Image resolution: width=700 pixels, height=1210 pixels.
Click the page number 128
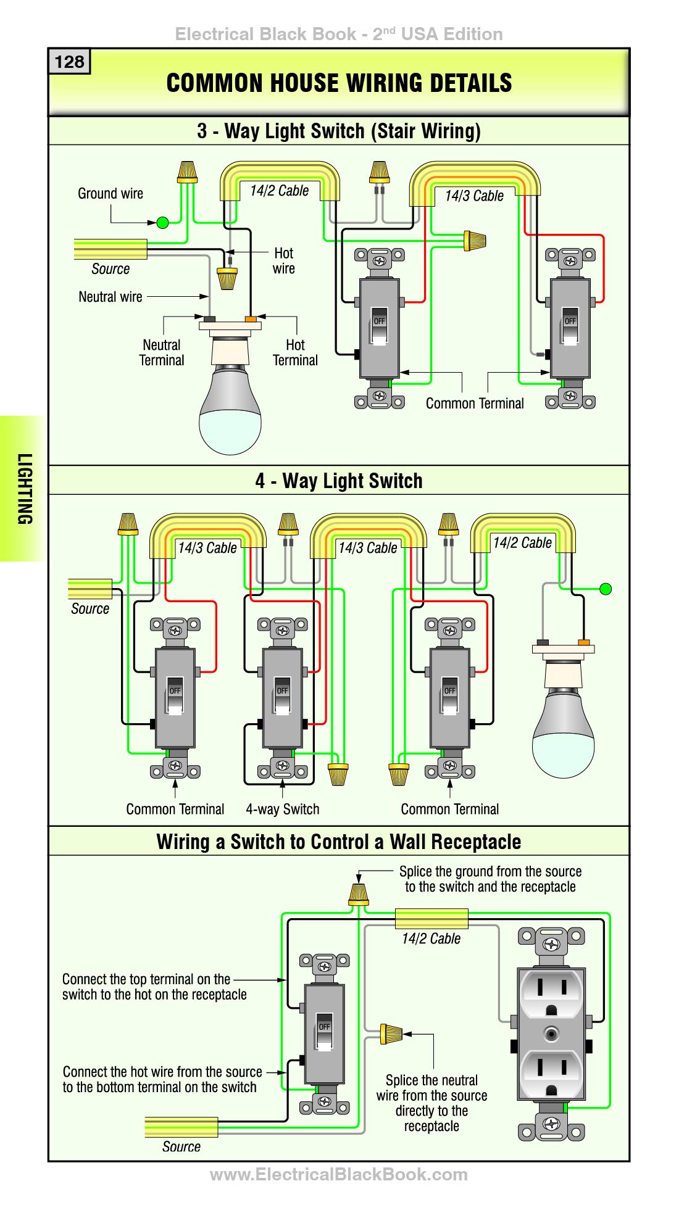pos(69,62)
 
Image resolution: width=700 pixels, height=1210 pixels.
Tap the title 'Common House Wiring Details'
pos(339,83)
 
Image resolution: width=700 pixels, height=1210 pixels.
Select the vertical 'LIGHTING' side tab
pos(24,489)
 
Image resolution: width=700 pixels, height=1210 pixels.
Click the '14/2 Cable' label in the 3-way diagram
pos(279,191)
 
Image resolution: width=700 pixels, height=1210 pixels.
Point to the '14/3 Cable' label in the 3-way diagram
pos(474,196)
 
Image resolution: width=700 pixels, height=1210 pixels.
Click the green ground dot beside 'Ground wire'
pos(162,223)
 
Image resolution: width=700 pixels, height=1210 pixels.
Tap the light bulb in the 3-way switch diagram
pos(230,387)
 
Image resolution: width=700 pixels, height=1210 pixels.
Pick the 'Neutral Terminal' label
pos(162,352)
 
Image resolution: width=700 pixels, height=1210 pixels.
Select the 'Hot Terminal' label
pos(295,352)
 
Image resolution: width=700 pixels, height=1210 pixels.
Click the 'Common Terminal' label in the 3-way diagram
pos(475,403)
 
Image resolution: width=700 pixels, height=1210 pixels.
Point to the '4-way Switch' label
pos(283,809)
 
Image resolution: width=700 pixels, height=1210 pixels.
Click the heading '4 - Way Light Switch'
pos(339,481)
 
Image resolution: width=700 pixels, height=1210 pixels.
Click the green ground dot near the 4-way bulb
pos(606,589)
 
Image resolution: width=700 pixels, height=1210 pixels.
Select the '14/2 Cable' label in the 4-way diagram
pos(522,542)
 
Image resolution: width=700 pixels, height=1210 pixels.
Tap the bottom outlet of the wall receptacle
pos(551,1073)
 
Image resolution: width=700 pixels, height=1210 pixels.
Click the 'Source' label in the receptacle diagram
pos(181,1146)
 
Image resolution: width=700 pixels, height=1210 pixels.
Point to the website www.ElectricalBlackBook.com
pos(339,1174)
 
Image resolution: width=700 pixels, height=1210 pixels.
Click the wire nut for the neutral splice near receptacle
pos(391,1034)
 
